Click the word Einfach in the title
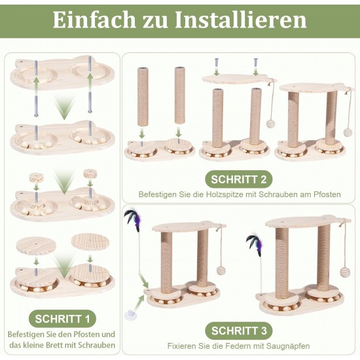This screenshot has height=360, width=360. [94, 20]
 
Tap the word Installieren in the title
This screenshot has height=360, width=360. [241, 20]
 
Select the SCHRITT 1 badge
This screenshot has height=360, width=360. [62, 319]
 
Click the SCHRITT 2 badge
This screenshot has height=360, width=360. [239, 179]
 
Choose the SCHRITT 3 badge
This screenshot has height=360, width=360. [239, 331]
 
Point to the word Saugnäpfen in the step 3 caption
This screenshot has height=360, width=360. [289, 346]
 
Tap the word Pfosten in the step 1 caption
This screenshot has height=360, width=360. [82, 334]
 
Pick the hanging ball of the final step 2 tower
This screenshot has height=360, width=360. [348, 132]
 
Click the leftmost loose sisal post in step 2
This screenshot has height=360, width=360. [143, 97]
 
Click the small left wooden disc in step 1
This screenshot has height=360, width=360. [37, 177]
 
